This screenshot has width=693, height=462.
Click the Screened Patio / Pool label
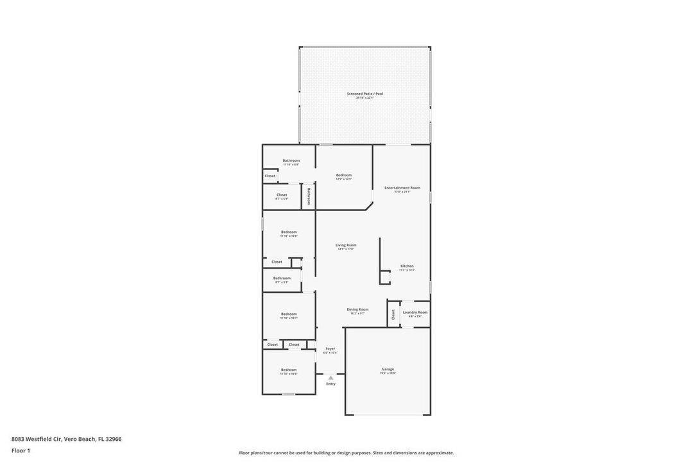click(364, 94)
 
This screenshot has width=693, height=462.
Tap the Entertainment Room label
click(402, 188)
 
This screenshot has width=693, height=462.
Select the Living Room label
click(346, 245)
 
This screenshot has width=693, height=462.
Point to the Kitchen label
click(407, 266)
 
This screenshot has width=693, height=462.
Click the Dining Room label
click(357, 309)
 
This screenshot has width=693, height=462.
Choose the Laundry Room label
click(415, 312)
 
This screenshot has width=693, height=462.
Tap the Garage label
click(388, 369)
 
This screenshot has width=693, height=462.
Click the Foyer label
click(330, 348)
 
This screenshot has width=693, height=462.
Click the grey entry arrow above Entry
click(330, 378)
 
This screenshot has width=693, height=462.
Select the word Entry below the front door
click(330, 384)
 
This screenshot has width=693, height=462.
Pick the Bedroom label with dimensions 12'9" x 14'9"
click(343, 175)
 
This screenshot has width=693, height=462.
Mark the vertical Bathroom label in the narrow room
click(309, 196)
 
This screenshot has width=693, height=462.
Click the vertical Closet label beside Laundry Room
click(393, 314)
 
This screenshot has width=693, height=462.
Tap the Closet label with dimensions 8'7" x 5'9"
click(282, 195)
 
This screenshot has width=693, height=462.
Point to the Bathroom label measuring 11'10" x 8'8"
click(291, 160)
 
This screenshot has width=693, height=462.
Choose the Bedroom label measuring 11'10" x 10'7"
click(288, 314)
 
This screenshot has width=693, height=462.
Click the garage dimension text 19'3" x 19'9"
click(388, 373)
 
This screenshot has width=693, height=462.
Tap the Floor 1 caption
click(21, 450)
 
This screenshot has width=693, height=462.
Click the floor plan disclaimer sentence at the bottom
click(346, 453)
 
